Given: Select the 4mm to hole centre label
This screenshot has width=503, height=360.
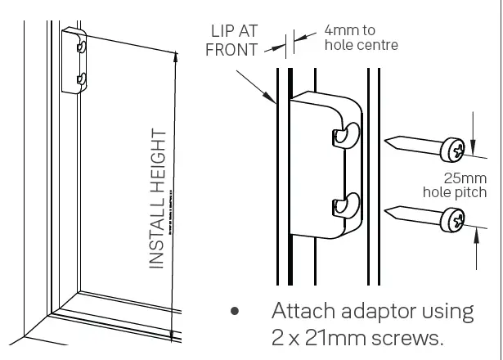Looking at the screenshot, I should [361, 37].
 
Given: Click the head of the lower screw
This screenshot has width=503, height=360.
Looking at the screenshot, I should [453, 220].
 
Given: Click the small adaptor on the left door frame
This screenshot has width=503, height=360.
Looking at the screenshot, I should [74, 61].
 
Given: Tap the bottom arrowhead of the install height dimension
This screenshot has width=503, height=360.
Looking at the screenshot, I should [171, 335].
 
